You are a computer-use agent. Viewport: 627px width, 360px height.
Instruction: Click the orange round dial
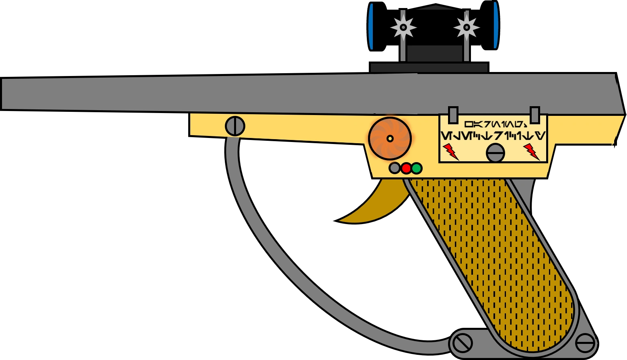(x=390, y=138)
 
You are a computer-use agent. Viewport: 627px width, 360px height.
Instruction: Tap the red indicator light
(x=406, y=168)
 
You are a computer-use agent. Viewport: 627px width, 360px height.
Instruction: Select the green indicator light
(x=417, y=168)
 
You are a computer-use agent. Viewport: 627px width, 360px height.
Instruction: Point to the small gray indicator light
(x=395, y=168)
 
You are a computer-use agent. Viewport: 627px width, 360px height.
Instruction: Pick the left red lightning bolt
(x=450, y=151)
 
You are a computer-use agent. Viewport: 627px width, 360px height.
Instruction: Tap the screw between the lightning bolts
(x=495, y=153)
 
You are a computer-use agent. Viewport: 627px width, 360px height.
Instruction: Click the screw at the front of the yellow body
(x=235, y=126)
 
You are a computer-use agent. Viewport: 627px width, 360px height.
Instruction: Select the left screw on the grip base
(x=462, y=344)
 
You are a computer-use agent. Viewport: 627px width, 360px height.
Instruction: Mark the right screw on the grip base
(x=585, y=344)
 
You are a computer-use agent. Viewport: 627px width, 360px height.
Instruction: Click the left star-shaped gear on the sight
(x=403, y=27)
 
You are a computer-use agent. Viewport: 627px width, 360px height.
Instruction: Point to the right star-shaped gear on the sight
(x=467, y=27)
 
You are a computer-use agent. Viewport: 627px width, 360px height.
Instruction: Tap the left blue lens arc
(x=371, y=27)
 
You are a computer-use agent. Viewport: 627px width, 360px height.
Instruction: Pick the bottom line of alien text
(x=493, y=136)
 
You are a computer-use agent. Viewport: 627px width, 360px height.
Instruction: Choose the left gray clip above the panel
(x=453, y=115)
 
